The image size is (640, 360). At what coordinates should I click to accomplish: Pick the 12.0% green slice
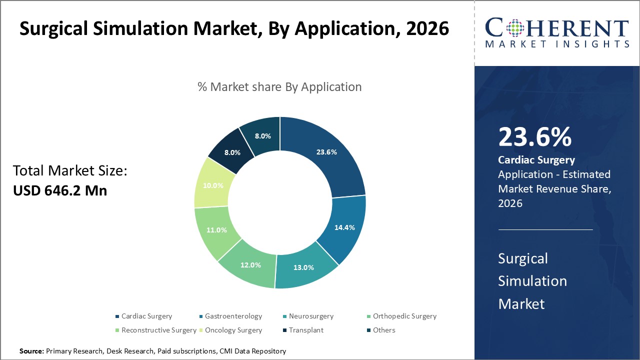(x=250, y=264)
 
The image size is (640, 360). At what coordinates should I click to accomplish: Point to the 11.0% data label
(x=216, y=230)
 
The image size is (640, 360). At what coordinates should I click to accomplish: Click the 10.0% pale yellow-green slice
(x=213, y=185)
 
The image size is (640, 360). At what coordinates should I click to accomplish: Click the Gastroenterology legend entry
(x=233, y=316)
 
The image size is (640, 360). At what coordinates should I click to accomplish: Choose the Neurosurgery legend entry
(x=311, y=316)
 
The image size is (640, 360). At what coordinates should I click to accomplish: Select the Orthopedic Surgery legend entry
(x=404, y=316)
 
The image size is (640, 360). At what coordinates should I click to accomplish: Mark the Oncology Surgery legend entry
(x=233, y=330)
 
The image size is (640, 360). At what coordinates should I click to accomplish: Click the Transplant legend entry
(x=306, y=330)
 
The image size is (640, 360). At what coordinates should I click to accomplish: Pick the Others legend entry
(x=384, y=330)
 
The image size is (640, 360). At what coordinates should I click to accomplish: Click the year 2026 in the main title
(x=421, y=29)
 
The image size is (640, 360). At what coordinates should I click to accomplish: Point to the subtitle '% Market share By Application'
(x=279, y=86)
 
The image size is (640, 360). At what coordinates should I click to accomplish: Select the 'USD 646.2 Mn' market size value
(x=60, y=190)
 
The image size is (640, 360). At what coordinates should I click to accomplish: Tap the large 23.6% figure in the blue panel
(x=534, y=137)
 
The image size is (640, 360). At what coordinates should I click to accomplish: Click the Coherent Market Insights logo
(x=557, y=33)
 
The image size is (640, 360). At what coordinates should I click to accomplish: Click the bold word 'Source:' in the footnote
(x=31, y=351)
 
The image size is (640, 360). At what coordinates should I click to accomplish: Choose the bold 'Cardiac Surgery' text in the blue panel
(x=536, y=160)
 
